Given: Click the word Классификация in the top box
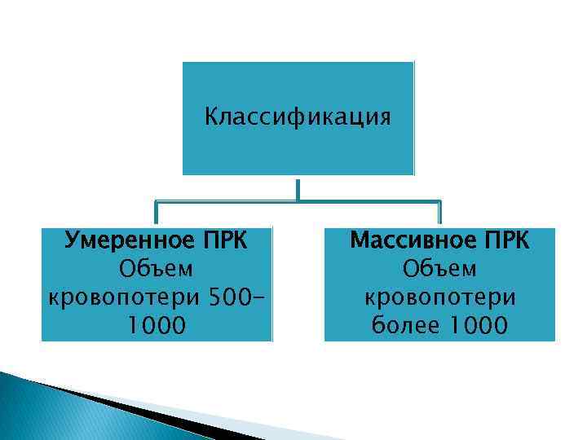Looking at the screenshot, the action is point(298,119).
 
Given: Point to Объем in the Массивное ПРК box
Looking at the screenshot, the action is point(440,270).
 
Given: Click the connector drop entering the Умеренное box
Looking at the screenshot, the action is point(156,213).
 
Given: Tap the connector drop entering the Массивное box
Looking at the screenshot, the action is point(440,213).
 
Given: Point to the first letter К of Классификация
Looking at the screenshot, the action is point(211,119).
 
